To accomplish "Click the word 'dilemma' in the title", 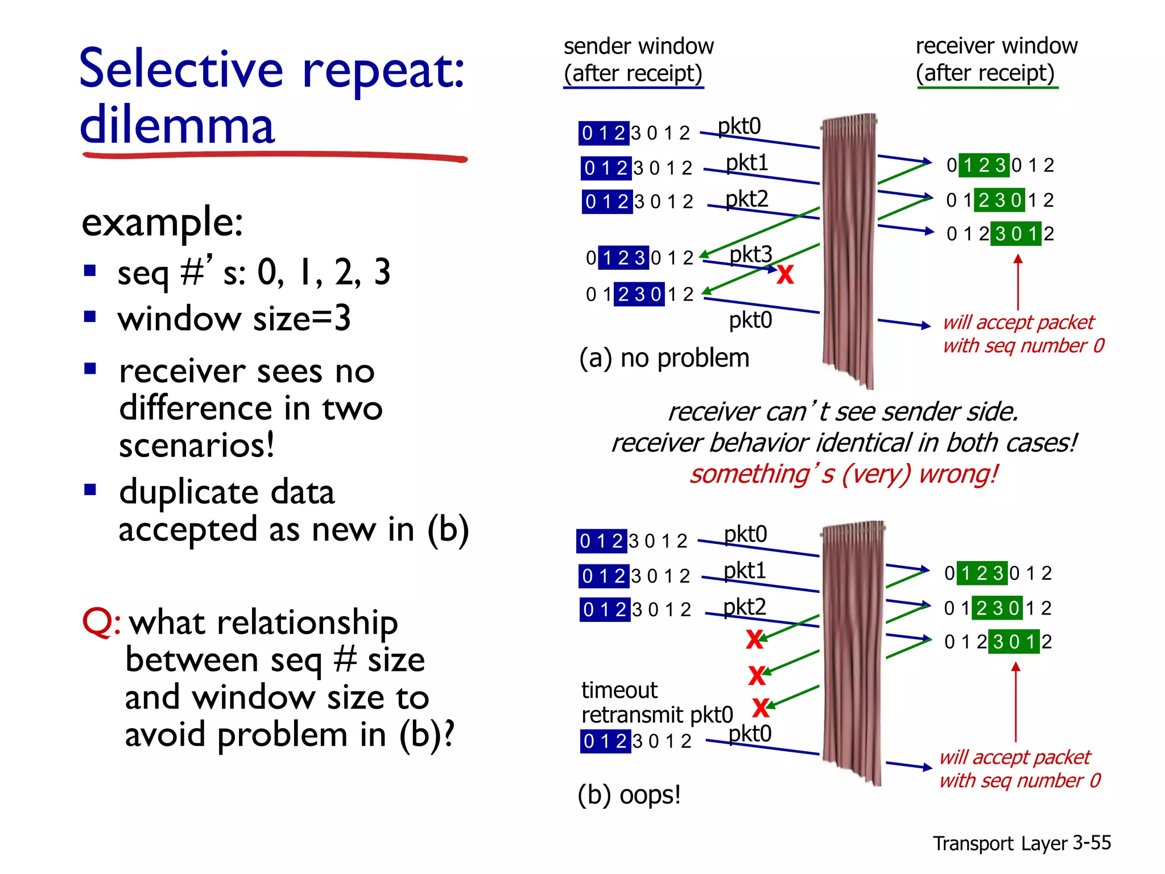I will pos(177,125).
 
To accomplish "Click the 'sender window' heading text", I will pos(638,46).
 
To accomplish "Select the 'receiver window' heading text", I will pos(996,46).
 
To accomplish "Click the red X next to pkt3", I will pos(785,274).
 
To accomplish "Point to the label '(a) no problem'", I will pos(664,358).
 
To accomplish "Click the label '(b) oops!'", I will pos(629,794).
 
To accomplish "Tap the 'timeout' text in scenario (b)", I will pos(619,690).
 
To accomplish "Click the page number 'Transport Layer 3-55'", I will pos(1021,843).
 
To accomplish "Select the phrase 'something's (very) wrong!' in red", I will pos(843,474).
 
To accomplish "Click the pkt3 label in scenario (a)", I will pos(750,254).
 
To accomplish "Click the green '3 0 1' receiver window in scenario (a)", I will pos(1016,234).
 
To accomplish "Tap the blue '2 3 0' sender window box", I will pos(639,294).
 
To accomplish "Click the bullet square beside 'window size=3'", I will pos(90,316).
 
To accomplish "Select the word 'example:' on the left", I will pos(162,222).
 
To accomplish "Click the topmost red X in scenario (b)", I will pos(754,640).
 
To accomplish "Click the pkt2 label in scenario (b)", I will pos(744,607).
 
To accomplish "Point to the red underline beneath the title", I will pos(274,155).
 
